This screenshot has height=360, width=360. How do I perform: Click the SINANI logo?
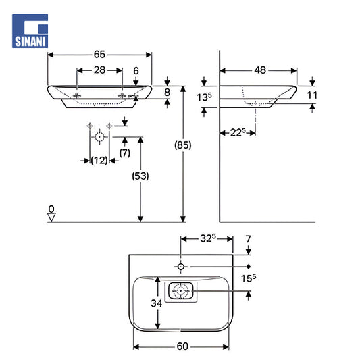(x=30, y=31)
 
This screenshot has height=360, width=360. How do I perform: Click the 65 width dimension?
(x=99, y=55)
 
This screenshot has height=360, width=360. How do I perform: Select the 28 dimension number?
(x=99, y=70)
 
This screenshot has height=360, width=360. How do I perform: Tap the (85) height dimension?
(x=183, y=145)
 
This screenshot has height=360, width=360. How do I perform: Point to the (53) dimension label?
(x=140, y=176)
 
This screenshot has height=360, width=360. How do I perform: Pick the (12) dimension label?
(x=99, y=161)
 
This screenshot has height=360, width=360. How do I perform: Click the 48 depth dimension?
(x=260, y=70)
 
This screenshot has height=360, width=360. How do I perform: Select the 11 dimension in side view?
(x=312, y=95)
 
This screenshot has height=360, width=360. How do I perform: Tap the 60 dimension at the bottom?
(x=182, y=346)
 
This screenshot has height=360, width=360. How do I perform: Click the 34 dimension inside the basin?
(x=156, y=303)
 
